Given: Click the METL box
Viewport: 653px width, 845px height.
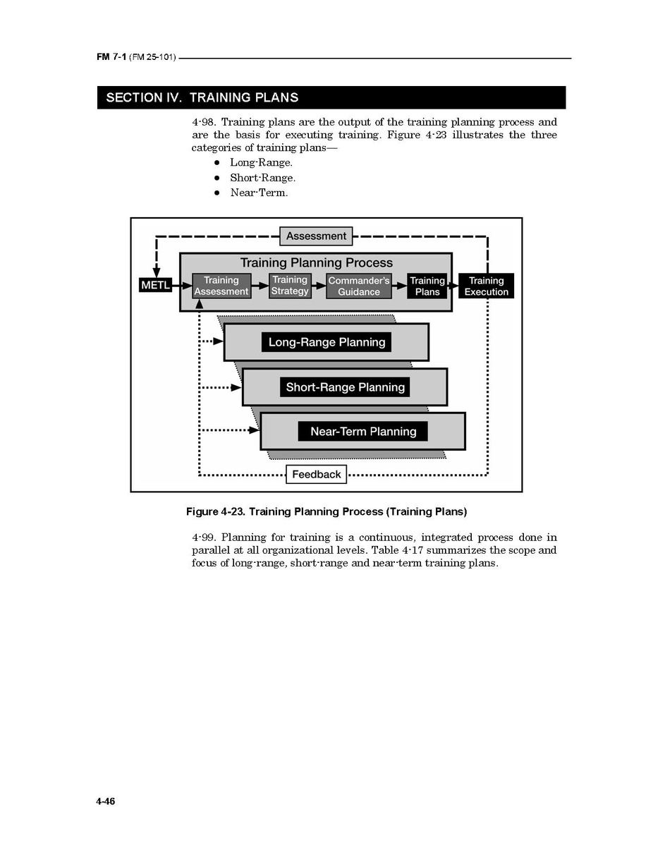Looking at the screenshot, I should [155, 285].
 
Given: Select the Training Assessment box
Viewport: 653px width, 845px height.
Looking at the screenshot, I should [221, 286].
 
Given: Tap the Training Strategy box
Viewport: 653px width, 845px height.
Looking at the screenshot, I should [290, 286].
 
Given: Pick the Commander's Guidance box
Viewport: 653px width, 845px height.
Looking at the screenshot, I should [358, 286].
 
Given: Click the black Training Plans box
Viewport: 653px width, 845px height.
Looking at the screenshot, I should [427, 286].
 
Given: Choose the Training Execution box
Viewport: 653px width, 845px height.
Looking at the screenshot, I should [486, 286].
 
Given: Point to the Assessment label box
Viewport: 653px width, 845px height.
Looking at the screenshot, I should [316, 236].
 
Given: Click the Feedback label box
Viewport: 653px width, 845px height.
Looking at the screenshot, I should [316, 475].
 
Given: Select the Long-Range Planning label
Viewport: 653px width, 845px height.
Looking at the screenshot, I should [326, 343].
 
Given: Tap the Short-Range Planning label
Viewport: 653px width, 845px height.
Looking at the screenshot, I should [345, 387].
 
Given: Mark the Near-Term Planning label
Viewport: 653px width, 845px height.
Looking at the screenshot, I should [363, 432].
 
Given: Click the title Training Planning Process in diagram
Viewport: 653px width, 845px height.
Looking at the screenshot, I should [316, 263].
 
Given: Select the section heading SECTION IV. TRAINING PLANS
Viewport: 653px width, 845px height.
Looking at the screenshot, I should [202, 98].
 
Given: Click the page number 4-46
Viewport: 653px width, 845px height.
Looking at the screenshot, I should [106, 802].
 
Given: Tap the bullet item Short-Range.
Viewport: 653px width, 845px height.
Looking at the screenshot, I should [262, 178].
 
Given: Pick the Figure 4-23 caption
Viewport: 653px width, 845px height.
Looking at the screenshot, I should [326, 511].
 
